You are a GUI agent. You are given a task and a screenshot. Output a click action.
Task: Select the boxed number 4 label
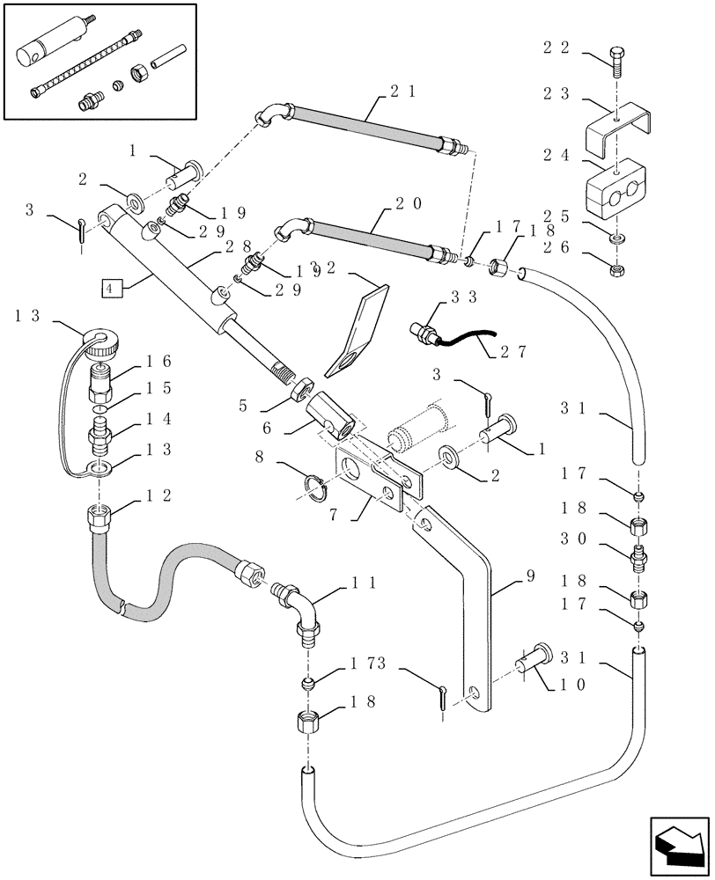(x=107, y=288)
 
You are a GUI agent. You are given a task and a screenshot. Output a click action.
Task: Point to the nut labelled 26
(x=615, y=263)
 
